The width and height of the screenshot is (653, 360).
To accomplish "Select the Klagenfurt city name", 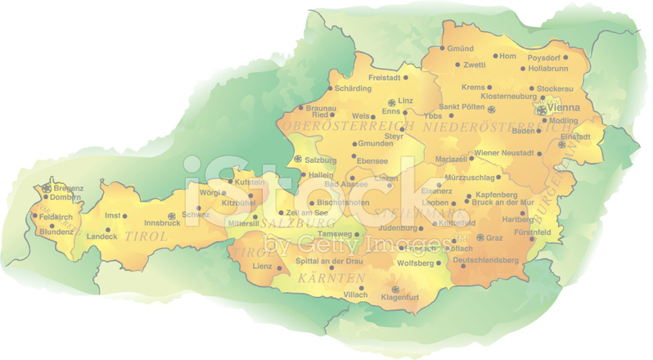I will pyautogui.click(x=400, y=298).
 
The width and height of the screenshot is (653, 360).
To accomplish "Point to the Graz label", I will pyautogui.click(x=494, y=238).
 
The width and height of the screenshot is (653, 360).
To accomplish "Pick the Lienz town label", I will pyautogui.click(x=262, y=267).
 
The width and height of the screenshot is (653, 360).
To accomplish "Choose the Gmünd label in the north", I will pyautogui.click(x=462, y=48).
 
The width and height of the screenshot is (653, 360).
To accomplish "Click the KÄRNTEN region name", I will pyautogui.click(x=331, y=279).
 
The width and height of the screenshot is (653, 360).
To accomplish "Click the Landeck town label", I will pyautogui.click(x=101, y=237).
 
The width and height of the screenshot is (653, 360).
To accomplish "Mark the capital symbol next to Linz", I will pyautogui.click(x=391, y=101).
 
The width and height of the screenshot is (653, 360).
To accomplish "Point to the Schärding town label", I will pyautogui.click(x=354, y=88).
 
